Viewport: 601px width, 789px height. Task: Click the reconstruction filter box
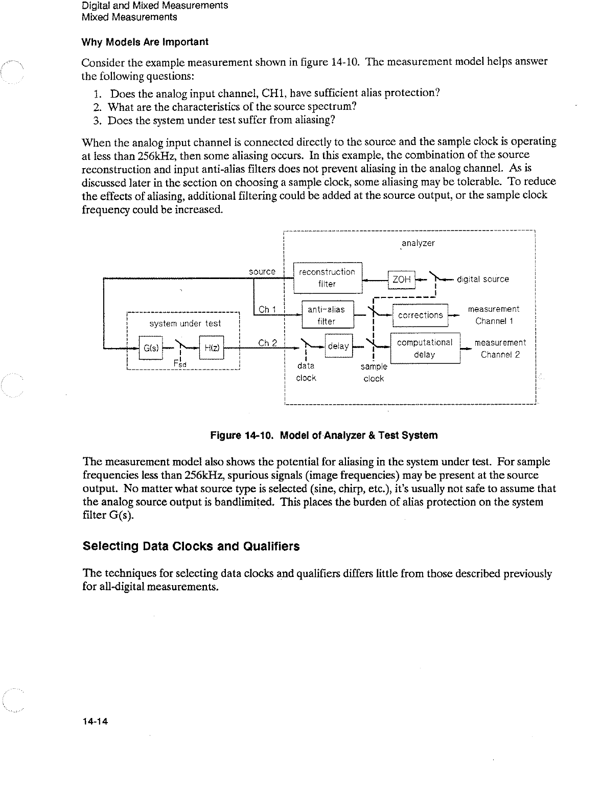click(327, 278)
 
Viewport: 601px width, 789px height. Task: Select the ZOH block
click(402, 280)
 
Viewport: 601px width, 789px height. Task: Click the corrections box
click(420, 315)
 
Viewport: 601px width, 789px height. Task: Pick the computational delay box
click(425, 348)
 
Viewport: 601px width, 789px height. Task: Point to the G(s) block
click(150, 348)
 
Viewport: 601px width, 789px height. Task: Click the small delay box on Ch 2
click(338, 346)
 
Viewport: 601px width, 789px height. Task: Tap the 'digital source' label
click(483, 279)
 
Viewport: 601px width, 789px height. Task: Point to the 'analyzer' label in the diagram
click(418, 243)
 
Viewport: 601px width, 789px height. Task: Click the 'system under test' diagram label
click(185, 323)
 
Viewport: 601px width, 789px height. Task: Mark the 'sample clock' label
click(374, 373)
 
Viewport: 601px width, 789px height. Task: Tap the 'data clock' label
click(306, 372)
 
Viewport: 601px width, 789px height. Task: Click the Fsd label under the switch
click(180, 364)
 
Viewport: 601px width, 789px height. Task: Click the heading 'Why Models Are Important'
click(145, 41)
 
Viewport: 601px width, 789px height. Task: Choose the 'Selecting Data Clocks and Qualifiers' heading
click(191, 546)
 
